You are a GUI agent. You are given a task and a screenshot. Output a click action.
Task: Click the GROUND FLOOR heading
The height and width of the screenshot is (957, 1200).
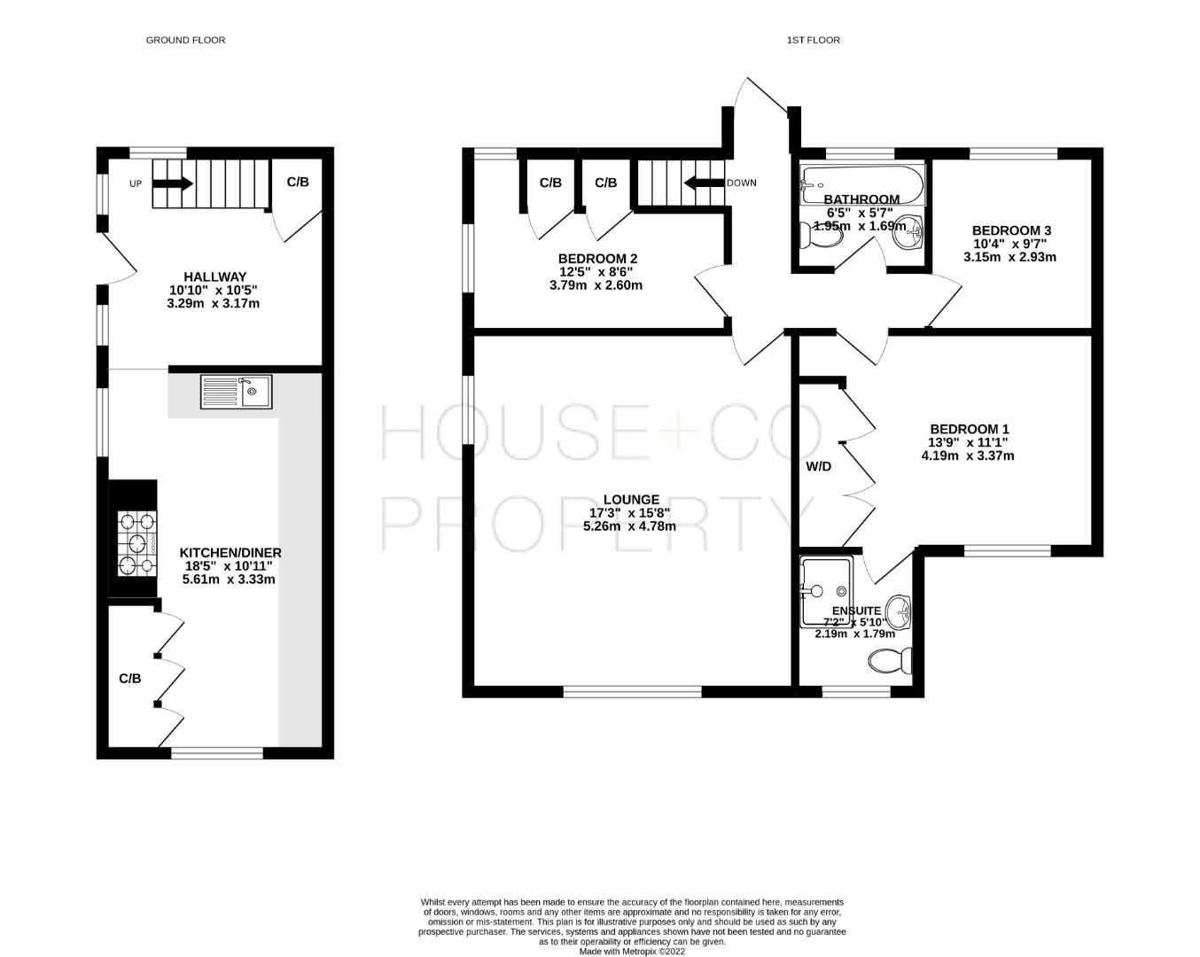click(185, 40)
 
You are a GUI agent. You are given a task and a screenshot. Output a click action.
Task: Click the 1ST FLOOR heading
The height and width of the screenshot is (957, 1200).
click(813, 40)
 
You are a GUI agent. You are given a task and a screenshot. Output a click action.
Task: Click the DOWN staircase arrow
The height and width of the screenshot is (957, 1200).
click(703, 183)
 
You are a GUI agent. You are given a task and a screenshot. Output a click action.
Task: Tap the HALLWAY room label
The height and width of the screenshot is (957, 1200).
click(214, 276)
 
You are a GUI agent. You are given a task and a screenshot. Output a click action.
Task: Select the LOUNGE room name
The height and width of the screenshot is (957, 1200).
click(630, 499)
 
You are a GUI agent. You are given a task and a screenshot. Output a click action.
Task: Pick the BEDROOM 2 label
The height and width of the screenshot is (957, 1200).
click(597, 259)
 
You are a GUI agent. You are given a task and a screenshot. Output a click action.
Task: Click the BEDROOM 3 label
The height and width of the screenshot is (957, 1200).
click(1011, 230)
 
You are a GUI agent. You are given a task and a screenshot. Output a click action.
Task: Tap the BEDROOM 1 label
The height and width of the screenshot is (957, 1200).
click(969, 429)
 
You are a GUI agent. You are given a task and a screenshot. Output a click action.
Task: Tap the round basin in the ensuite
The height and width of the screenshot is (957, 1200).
click(901, 611)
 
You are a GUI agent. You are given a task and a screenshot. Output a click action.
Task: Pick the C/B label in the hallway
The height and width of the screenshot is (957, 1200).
click(298, 182)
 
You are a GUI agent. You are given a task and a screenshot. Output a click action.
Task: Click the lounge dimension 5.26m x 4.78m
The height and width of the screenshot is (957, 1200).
click(630, 526)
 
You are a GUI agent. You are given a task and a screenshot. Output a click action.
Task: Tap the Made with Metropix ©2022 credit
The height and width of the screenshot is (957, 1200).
click(632, 952)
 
